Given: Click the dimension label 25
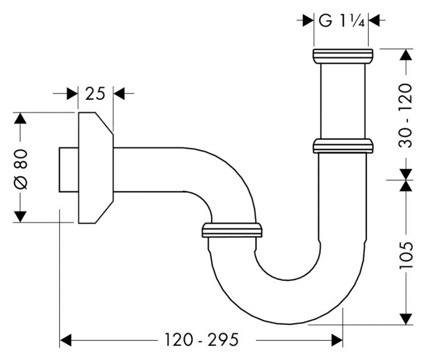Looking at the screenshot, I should coord(96,93).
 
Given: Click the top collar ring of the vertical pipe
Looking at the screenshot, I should coord(343,56).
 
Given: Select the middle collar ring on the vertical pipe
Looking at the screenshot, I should coord(343,146).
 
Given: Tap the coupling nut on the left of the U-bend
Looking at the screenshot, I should coord(232,230).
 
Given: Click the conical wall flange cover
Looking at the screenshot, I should coord(95,168).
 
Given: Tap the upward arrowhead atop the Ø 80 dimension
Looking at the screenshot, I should coord(21,120).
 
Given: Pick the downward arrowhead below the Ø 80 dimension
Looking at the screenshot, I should coord(21,216).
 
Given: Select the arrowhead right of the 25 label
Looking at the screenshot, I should coord(120,93).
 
